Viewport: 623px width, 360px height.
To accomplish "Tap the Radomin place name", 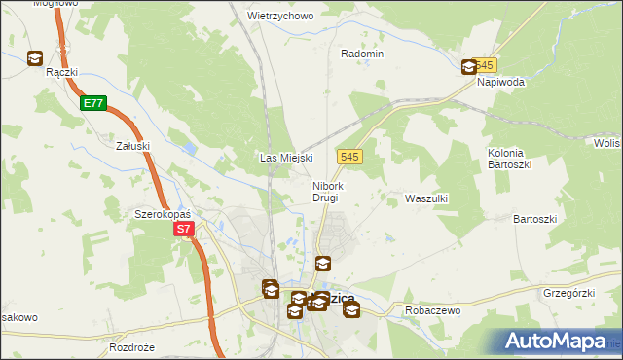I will click(x=362, y=54).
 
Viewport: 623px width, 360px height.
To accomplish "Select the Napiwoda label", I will click(x=500, y=82).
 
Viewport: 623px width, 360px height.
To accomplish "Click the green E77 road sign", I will click(x=93, y=103).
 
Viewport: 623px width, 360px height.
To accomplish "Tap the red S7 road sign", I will click(x=185, y=230).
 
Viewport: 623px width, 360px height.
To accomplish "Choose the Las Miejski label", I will click(x=284, y=157).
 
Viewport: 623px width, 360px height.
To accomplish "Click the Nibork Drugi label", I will click(x=326, y=192).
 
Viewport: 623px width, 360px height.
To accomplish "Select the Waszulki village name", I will click(x=425, y=198).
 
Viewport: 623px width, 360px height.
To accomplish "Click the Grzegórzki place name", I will click(x=569, y=291).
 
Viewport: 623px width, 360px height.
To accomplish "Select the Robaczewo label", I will click(x=431, y=310).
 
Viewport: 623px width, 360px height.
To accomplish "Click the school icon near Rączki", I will click(x=36, y=58).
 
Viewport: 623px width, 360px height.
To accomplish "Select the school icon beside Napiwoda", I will click(x=468, y=66).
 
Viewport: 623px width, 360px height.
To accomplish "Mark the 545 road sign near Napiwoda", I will click(x=488, y=64).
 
